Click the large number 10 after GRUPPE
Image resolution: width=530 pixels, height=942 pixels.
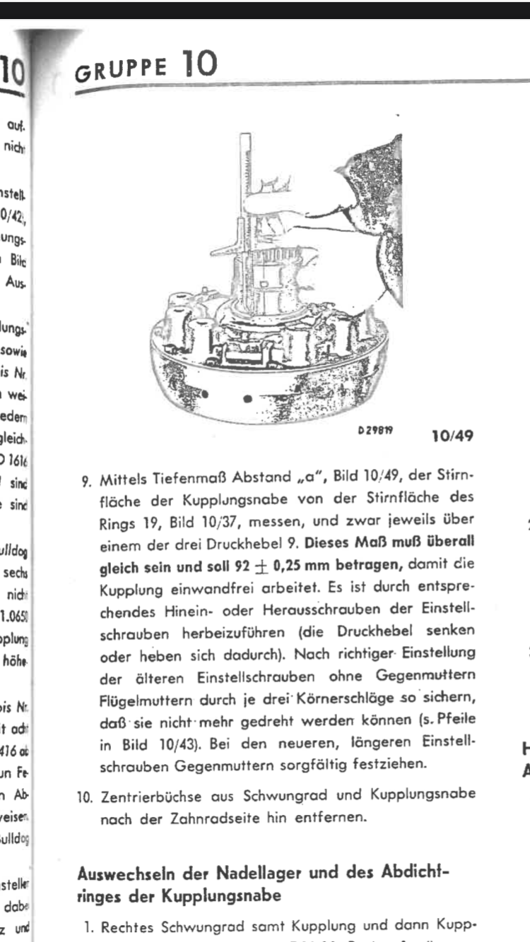coord(199,66)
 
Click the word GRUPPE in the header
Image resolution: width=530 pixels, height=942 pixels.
coord(121,70)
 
